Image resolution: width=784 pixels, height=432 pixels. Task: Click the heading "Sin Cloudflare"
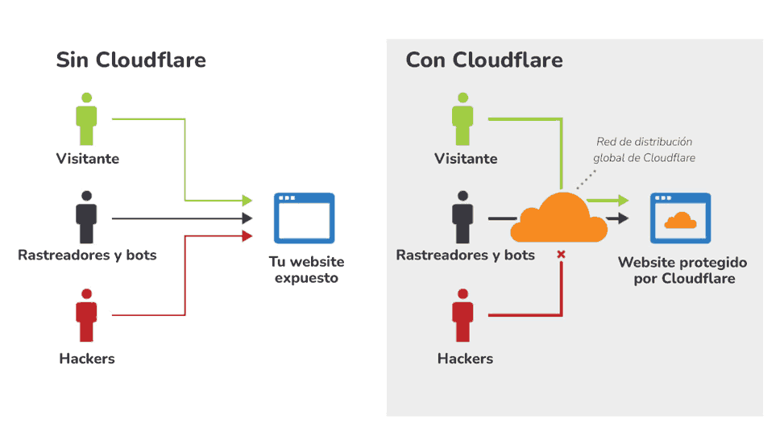click(x=131, y=60)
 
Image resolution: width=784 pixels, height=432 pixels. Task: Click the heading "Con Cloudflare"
click(x=483, y=60)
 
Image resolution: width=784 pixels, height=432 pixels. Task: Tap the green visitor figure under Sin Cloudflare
click(x=86, y=119)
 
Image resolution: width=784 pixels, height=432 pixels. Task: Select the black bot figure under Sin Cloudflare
click(x=86, y=218)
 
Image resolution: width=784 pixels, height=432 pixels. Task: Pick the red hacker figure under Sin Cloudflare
click(x=86, y=316)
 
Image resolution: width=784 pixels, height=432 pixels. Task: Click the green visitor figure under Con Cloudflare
click(x=463, y=119)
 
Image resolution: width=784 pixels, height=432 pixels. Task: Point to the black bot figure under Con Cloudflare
click(x=463, y=218)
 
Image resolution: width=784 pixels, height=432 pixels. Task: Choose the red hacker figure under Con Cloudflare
click(x=463, y=316)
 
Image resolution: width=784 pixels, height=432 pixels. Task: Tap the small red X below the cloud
click(x=561, y=255)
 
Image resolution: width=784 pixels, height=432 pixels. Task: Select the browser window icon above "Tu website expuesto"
click(x=304, y=218)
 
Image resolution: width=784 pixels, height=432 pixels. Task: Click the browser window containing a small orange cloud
click(x=680, y=218)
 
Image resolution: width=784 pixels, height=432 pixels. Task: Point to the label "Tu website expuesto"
click(x=306, y=270)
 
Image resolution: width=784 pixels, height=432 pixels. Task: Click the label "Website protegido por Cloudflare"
click(x=682, y=271)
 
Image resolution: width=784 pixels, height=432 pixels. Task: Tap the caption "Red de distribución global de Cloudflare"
click(x=644, y=150)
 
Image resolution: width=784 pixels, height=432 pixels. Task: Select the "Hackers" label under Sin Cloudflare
click(x=87, y=359)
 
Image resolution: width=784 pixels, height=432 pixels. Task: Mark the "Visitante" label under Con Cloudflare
click(x=466, y=159)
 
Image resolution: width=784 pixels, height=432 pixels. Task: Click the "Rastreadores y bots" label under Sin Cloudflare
click(x=87, y=255)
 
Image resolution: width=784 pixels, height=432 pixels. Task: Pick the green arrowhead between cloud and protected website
click(x=623, y=201)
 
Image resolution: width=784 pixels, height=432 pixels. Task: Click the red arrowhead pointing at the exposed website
click(x=247, y=235)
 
